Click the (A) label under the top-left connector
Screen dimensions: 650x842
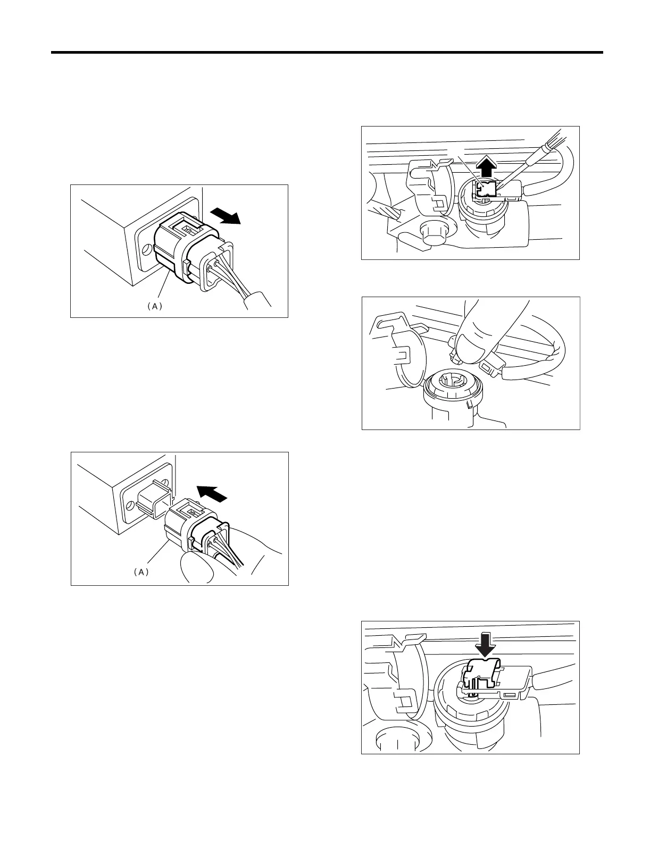(154, 306)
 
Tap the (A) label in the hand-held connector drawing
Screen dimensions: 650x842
(140, 572)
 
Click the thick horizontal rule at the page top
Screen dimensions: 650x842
(327, 53)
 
